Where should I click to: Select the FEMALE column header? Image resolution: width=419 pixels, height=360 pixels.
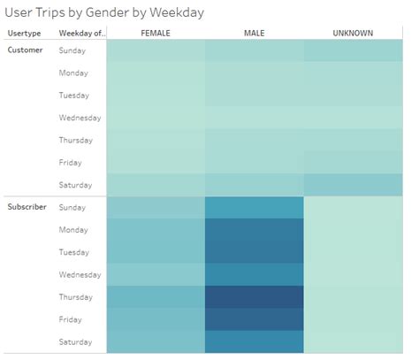point(155,33)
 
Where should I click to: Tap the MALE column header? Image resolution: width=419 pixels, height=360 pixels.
point(254,33)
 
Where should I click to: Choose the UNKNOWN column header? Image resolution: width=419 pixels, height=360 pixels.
point(353,33)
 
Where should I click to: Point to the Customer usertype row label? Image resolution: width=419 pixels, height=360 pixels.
point(26,50)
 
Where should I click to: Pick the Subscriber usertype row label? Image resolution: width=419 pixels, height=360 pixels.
point(27,207)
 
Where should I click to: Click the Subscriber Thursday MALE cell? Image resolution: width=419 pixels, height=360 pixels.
point(254,296)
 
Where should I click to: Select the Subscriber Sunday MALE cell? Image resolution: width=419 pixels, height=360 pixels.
point(254,207)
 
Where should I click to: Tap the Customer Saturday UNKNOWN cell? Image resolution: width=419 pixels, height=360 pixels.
point(353,184)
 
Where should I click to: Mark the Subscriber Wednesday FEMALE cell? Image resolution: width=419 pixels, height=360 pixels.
point(155,274)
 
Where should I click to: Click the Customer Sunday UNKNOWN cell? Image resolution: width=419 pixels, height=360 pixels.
point(353,51)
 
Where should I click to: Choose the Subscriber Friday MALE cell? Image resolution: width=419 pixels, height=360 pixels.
point(254,318)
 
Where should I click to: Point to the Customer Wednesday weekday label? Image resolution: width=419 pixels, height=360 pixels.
point(80,117)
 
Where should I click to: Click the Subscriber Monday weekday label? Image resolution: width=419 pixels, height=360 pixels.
point(74,229)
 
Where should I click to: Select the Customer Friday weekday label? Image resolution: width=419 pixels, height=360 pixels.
point(71,162)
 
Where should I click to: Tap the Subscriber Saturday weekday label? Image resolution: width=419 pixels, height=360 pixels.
point(75,341)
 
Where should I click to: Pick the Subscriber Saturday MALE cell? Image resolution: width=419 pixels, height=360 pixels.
point(254,341)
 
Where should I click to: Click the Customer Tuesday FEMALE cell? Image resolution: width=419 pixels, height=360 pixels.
point(155,96)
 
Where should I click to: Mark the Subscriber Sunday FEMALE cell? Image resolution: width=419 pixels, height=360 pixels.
point(155,207)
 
